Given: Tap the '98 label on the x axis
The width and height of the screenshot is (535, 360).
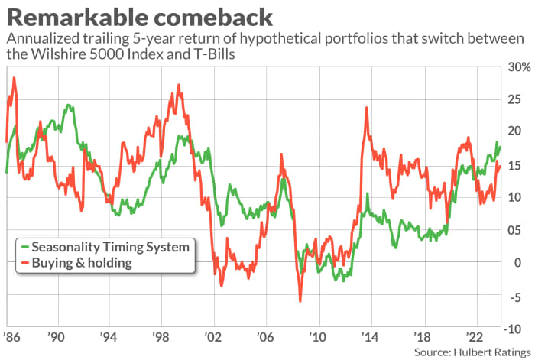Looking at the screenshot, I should click(160, 336).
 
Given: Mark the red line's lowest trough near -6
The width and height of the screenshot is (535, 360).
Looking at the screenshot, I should click(300, 301).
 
